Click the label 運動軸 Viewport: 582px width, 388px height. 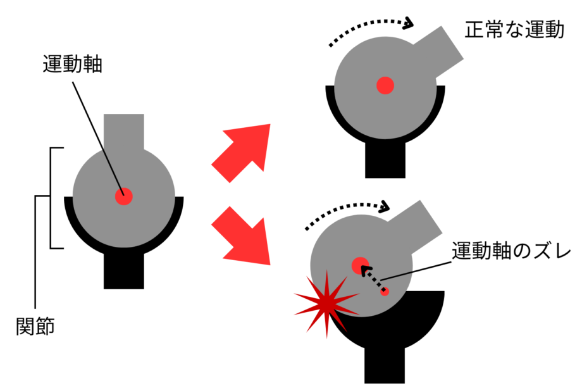point(72,64)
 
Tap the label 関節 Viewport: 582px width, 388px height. point(35,327)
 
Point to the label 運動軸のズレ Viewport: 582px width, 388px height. point(511,251)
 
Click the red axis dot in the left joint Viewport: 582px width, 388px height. point(123,196)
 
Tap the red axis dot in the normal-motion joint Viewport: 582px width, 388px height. point(385,85)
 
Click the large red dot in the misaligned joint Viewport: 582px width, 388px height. point(361,265)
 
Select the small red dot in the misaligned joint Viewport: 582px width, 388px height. point(385,291)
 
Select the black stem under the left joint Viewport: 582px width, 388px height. point(123,271)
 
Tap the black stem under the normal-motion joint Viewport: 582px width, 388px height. point(385,160)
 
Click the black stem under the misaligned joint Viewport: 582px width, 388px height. point(385,365)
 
